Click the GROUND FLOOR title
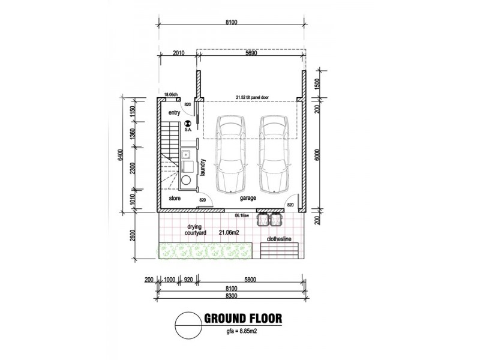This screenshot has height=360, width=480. (243, 319)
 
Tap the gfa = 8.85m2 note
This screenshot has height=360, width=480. (242, 331)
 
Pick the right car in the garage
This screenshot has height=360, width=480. (274, 154)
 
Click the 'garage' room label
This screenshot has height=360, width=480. (248, 198)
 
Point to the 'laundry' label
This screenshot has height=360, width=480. (202, 167)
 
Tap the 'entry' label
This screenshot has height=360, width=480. (174, 113)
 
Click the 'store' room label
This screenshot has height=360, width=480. (175, 199)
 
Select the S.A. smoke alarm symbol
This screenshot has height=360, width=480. (188, 124)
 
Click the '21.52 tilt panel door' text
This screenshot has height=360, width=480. (252, 98)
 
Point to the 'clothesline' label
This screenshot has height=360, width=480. (279, 239)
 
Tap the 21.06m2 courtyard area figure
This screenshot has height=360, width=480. (229, 233)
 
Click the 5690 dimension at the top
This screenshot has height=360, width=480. (251, 53)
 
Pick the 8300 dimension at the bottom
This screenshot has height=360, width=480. (231, 296)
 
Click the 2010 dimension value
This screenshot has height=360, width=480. (178, 53)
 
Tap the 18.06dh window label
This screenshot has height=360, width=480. (171, 95)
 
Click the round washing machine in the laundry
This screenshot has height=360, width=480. (185, 179)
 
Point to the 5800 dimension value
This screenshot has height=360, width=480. (250, 279)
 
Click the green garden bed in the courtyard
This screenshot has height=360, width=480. (205, 251)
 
